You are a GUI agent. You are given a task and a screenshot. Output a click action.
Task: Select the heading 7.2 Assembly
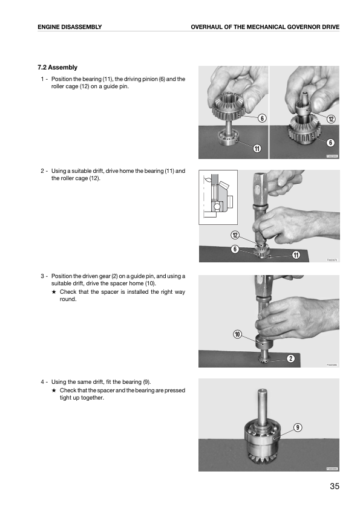point(57,67)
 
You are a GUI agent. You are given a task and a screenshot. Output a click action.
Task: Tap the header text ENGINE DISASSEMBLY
point(69,27)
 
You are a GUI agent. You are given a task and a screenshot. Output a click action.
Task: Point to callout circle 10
point(237,334)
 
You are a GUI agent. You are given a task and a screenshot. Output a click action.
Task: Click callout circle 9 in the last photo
point(298,427)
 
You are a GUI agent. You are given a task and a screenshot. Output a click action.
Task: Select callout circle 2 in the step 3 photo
point(290,360)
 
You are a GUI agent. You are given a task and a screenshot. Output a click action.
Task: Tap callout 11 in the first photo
point(257,149)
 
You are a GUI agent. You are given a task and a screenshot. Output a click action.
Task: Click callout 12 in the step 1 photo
point(331,119)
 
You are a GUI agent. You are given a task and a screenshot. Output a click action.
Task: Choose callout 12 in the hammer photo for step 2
point(235,235)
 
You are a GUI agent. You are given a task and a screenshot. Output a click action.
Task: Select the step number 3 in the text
point(42,276)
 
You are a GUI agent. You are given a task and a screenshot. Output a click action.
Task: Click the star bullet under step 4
point(54,391)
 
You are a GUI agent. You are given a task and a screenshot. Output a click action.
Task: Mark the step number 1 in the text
point(42,79)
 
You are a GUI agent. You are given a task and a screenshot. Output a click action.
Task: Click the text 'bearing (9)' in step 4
point(135,382)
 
